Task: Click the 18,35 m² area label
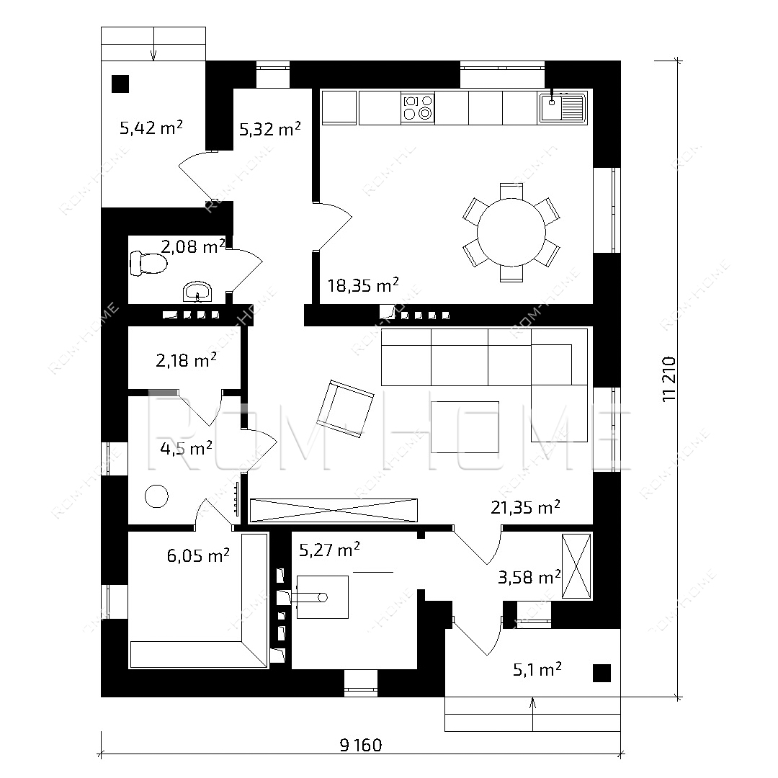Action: [363, 285]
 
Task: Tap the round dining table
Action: [511, 232]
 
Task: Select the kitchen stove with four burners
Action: [417, 107]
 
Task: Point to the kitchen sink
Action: [563, 107]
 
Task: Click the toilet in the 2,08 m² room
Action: [148, 263]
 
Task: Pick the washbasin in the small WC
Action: [197, 291]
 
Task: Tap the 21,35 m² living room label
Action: [525, 507]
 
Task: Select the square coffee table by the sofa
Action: [465, 426]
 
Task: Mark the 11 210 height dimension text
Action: [669, 379]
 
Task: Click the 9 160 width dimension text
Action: [361, 745]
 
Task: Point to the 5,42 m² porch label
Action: [151, 128]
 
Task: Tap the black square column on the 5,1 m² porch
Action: [602, 674]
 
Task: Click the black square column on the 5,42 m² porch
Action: [120, 84]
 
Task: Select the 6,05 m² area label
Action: [198, 555]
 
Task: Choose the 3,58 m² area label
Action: [529, 577]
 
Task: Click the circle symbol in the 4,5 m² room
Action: [156, 496]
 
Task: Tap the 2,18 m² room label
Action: [186, 360]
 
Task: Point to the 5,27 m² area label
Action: [329, 550]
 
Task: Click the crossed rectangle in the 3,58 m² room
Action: [576, 566]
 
